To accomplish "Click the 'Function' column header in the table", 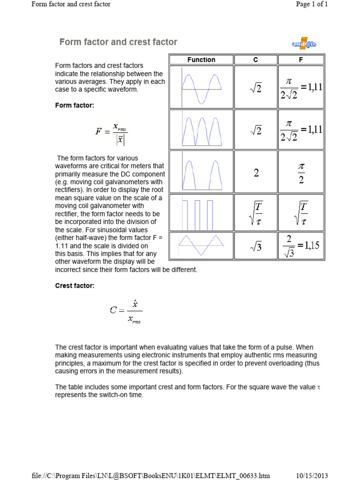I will click(x=201, y=60).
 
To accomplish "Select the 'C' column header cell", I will click(x=255, y=60).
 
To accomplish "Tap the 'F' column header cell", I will click(x=300, y=60).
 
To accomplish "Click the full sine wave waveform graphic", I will click(x=201, y=87).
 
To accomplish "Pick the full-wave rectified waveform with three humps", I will click(x=201, y=130).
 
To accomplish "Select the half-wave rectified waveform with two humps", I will click(x=201, y=172).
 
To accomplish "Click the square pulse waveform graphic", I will click(x=201, y=213).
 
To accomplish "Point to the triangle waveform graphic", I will click(x=201, y=246).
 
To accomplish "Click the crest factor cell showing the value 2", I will click(x=256, y=172).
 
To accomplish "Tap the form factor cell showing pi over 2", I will click(x=301, y=172).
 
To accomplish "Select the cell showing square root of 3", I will click(x=256, y=246).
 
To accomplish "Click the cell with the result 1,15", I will click(x=301, y=246).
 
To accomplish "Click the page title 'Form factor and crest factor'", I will click(x=118, y=42).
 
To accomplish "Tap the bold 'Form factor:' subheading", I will click(x=75, y=105).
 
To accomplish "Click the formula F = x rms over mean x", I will click(x=112, y=132).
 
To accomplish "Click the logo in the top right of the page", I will click(x=304, y=44).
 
